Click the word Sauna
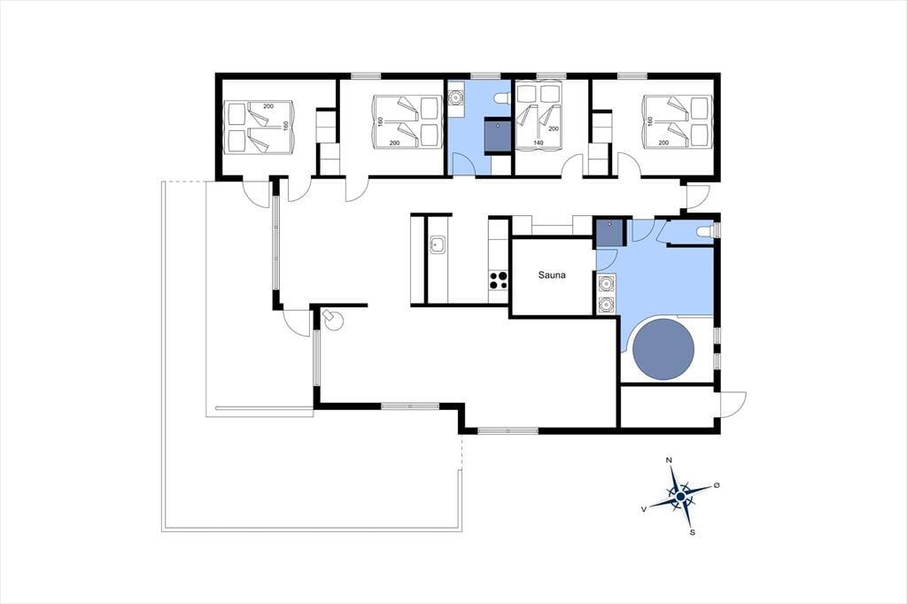(x=552, y=275)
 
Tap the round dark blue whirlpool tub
(x=663, y=350)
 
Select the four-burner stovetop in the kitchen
(x=499, y=280)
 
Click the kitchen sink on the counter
(x=437, y=245)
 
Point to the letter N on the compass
(x=670, y=460)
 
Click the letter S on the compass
(x=692, y=532)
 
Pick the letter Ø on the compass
(x=717, y=484)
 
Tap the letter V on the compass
(x=644, y=509)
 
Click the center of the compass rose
(x=681, y=496)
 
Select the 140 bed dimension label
(x=538, y=143)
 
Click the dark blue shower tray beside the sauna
(x=609, y=231)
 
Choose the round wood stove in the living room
(x=333, y=320)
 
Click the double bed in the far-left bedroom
(x=260, y=128)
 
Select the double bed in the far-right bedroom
(x=677, y=121)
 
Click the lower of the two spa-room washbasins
(x=606, y=304)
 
